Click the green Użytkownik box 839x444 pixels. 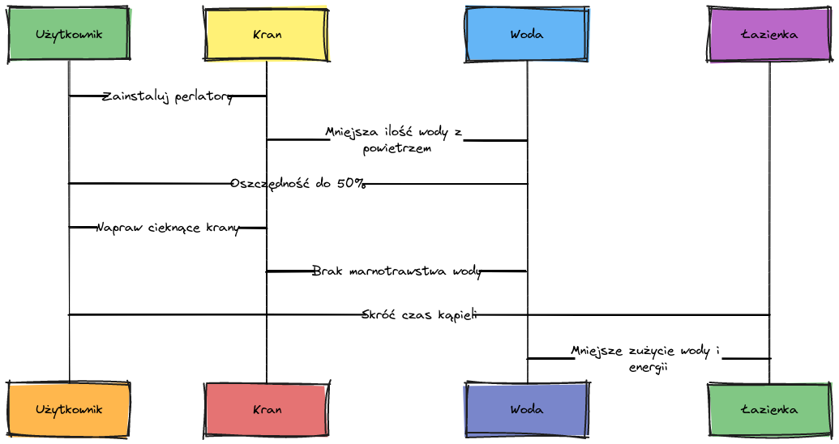click(69, 34)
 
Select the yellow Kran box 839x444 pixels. click(267, 34)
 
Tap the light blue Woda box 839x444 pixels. click(527, 34)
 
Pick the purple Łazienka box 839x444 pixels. click(769, 34)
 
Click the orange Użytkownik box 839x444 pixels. click(69, 409)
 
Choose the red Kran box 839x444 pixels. click(267, 409)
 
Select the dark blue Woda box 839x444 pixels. click(527, 409)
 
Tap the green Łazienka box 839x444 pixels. click(769, 409)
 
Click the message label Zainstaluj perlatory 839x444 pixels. click(168, 96)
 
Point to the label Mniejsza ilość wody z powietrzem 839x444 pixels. click(396, 139)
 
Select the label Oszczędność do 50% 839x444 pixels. click(298, 183)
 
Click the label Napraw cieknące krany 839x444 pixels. click(168, 228)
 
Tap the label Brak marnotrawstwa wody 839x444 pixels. click(396, 271)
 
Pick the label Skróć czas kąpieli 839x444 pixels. click(419, 314)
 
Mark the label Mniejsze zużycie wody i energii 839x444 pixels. click(648, 358)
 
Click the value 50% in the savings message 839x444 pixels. click(351, 183)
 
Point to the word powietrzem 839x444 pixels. click(396, 148)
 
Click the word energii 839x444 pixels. click(648, 367)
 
